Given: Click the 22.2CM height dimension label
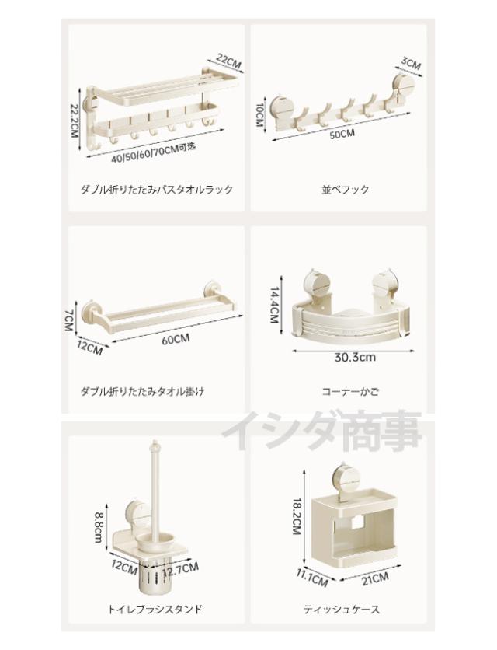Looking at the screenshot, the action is point(75,121).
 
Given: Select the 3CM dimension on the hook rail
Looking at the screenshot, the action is point(411,63).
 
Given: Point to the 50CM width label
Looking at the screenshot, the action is point(342,135).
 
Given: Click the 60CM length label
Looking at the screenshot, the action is point(176,340).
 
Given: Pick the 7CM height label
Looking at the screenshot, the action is point(69,320).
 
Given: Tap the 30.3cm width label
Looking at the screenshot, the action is point(355,357).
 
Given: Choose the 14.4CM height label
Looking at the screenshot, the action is point(275,306).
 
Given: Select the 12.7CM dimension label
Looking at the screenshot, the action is point(181,568).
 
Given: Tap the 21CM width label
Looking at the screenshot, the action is point(375,578).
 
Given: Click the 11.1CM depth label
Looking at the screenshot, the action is point(312,578).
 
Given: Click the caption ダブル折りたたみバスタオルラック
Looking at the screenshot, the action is point(157,190).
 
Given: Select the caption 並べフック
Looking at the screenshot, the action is point(345,190).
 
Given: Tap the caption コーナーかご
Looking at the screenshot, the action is point(350,391).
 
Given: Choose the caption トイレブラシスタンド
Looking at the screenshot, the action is point(155,609).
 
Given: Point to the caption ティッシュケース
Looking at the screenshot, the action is point(342,609).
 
